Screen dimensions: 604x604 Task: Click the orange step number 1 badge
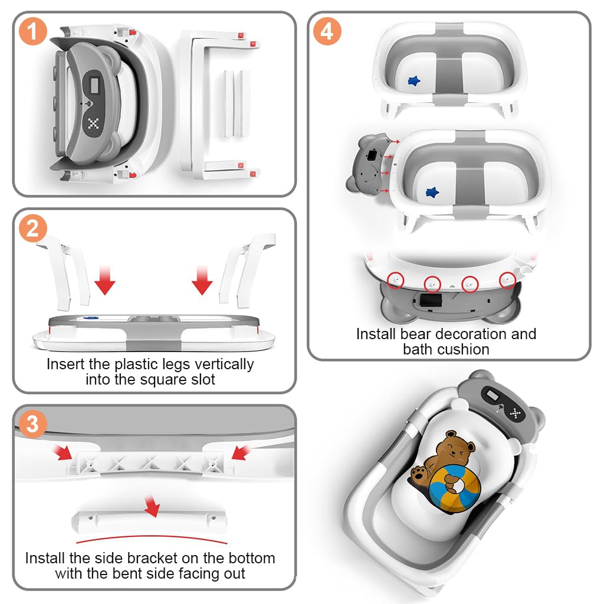[x=33, y=31]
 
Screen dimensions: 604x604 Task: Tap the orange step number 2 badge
[x=33, y=228]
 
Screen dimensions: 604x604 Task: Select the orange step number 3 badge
[x=33, y=424]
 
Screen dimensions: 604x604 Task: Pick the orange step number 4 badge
[x=327, y=31]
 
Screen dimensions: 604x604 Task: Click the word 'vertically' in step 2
[x=224, y=365]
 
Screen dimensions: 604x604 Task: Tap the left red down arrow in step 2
[x=105, y=280]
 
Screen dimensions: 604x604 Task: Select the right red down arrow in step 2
[x=202, y=280]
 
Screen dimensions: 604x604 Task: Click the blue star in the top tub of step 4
[x=414, y=80]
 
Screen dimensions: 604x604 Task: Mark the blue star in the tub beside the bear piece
[x=432, y=192]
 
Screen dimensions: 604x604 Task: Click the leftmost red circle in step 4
[x=395, y=280]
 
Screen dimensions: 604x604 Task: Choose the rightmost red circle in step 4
[x=507, y=280]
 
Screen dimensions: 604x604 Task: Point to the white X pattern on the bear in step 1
[x=93, y=124]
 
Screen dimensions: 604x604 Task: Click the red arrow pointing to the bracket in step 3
[x=153, y=506]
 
